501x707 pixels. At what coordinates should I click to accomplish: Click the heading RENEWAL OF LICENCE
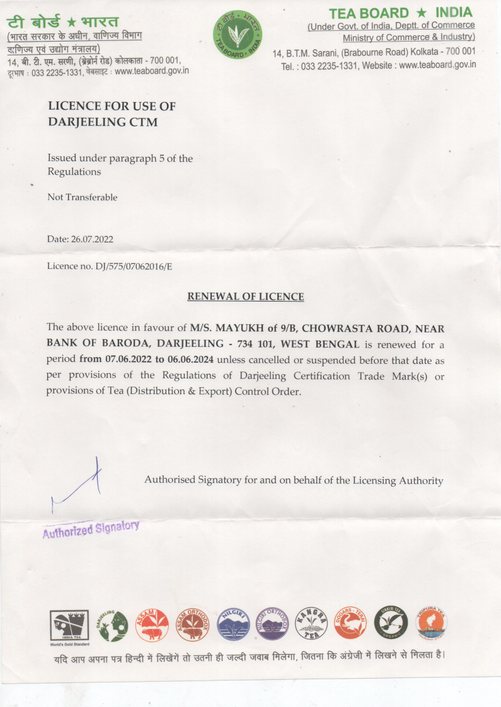[x=246, y=297]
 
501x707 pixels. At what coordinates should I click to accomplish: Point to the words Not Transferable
[x=83, y=197]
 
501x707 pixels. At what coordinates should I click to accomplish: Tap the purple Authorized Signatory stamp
[x=91, y=528]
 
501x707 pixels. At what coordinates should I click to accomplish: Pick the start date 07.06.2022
[x=130, y=359]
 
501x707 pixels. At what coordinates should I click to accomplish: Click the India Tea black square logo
[x=69, y=625]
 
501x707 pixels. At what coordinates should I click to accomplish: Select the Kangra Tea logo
[x=311, y=624]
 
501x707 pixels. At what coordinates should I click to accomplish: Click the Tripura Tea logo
[x=432, y=623]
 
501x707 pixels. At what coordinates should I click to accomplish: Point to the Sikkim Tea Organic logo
[x=391, y=623]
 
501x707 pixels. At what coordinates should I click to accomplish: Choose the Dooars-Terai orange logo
[x=351, y=623]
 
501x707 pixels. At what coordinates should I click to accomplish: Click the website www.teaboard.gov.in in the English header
[x=438, y=65]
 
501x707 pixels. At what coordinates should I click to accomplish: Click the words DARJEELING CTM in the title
[x=103, y=122]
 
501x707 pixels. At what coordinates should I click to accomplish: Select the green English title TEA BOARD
[x=369, y=13]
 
